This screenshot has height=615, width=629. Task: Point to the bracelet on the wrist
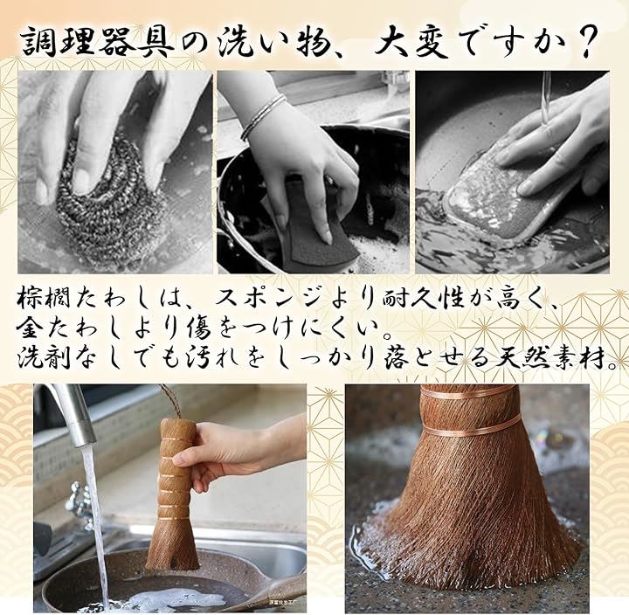pos(263,116)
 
